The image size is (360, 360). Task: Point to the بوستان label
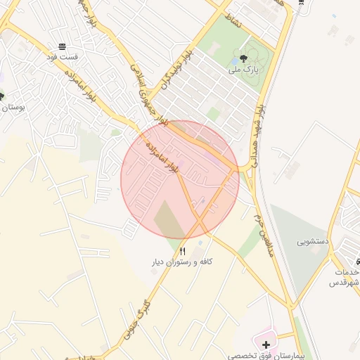click(x=13, y=108)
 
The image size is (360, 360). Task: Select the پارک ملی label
click(x=243, y=70)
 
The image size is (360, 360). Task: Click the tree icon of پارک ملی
click(x=243, y=59)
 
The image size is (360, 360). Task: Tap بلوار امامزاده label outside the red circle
click(x=79, y=82)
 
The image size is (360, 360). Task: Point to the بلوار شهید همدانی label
click(x=259, y=129)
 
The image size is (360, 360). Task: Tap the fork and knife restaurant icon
click(x=183, y=251)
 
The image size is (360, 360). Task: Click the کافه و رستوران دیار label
click(x=182, y=262)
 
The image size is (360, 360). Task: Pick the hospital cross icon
click(x=265, y=345)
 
